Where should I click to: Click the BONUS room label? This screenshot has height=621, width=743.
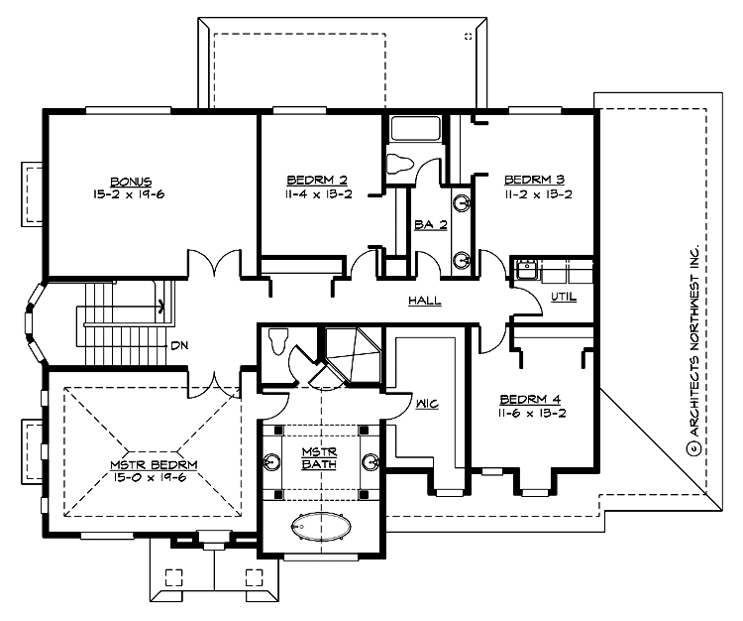pos(131,181)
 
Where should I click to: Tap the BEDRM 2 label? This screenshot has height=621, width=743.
pos(317,180)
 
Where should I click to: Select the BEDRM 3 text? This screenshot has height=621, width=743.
pos(534,180)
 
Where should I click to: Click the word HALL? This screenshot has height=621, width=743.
pos(424,301)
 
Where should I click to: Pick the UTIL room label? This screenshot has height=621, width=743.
pos(563,297)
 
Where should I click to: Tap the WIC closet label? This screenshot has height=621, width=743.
pos(428,404)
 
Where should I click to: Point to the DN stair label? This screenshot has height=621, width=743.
pos(179,346)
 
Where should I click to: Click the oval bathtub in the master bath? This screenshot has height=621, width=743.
pos(319,524)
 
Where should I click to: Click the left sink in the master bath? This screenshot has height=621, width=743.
pos(272,462)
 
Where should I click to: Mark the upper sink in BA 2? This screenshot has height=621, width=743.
pos(462,204)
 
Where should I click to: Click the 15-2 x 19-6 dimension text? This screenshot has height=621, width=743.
pos(131,194)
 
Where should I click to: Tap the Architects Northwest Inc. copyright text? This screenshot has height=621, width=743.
pos(696,348)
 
